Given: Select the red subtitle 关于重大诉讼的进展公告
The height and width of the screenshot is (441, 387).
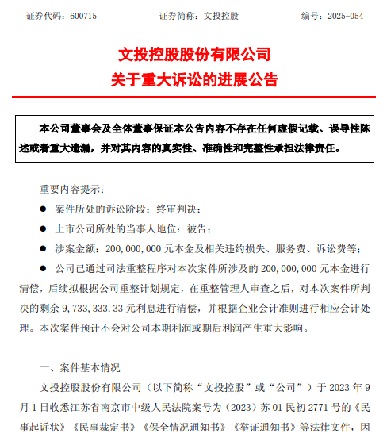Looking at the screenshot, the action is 193,79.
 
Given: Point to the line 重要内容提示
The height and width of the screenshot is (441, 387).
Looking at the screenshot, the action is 71,189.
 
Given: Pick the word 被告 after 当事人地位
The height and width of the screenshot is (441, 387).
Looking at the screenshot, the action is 201,228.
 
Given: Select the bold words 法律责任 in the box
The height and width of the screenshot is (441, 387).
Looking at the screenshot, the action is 316,148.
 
